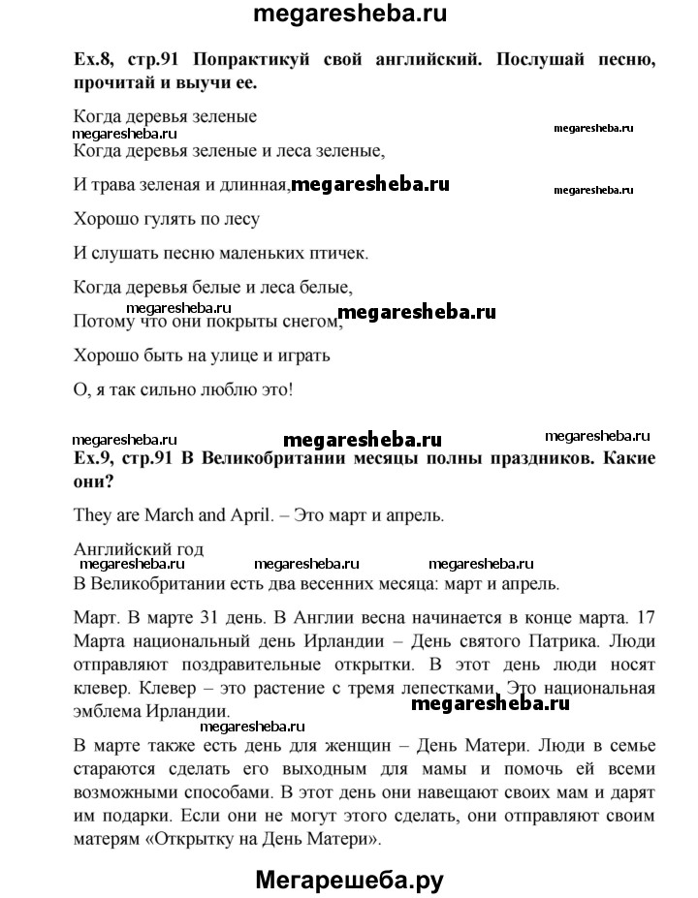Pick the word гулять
[161, 219]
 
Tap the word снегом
[309, 321]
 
